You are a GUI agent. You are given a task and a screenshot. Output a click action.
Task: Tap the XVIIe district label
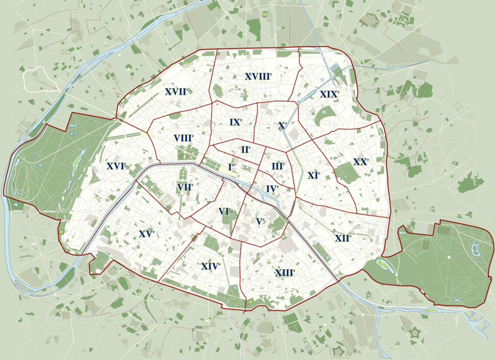pos(177,92)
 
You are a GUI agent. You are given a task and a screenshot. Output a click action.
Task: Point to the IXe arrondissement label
pos(236,122)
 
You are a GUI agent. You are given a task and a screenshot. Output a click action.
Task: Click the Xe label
pos(282,126)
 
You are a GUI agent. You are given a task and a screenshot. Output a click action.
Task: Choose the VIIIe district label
pos(184,138)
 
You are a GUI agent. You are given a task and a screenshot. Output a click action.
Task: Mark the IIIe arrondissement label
pos(278,166)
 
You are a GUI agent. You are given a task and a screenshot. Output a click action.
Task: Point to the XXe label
pos(361,162)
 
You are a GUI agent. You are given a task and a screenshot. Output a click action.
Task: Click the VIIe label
pos(185,187)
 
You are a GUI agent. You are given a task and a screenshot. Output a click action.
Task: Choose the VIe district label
pos(225,211)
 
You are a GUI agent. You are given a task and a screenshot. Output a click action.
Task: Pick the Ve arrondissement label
pos(260,221)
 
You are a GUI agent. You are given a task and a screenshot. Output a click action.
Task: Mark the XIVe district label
pos(211,266)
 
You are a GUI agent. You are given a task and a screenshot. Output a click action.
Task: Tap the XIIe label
pos(343,238)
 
